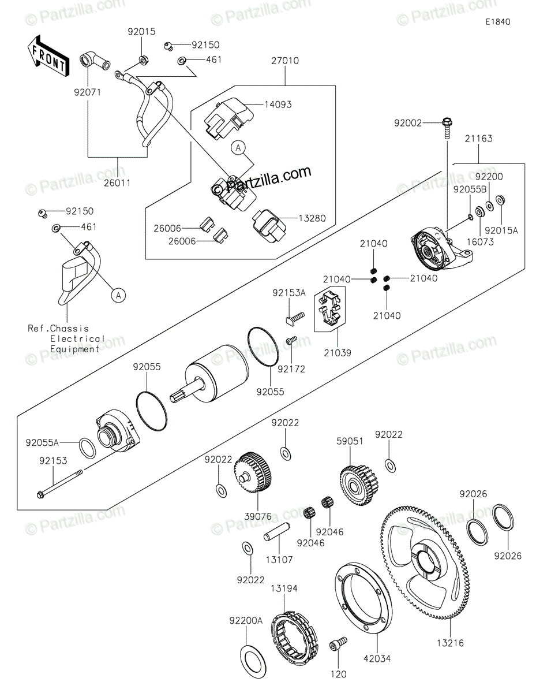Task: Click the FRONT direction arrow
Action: tap(48, 56)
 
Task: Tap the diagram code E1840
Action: tap(498, 22)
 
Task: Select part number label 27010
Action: tap(285, 61)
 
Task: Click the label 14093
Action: tap(278, 105)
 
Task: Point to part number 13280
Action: tap(312, 218)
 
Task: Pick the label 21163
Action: tap(478, 139)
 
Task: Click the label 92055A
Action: tap(43, 442)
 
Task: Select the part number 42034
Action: tap(377, 658)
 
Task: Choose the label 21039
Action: tap(338, 353)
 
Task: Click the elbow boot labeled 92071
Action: tap(95, 61)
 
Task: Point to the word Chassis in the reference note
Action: tap(69, 329)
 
